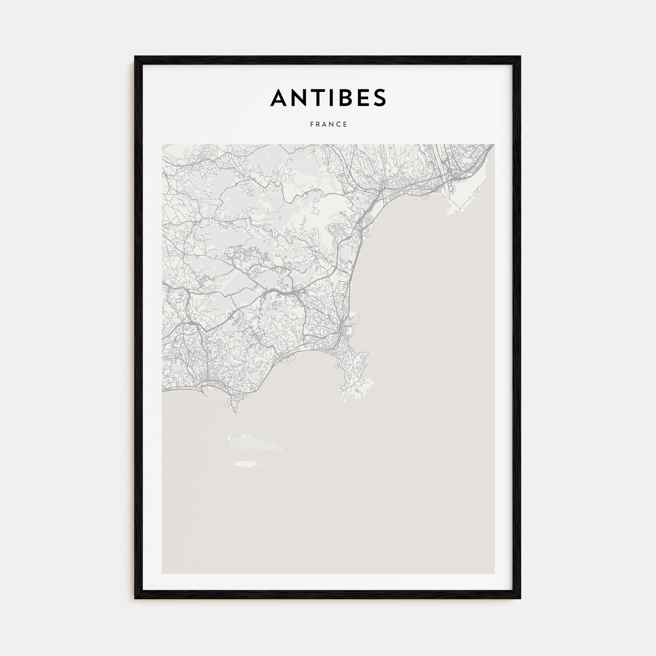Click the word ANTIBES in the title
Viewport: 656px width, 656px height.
click(x=328, y=97)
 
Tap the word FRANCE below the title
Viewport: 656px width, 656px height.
click(x=328, y=125)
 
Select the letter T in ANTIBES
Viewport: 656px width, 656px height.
click(x=317, y=97)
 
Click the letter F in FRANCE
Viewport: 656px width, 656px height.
click(x=311, y=125)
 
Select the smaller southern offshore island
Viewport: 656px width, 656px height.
click(x=246, y=464)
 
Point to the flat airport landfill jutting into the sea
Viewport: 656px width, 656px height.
click(x=462, y=201)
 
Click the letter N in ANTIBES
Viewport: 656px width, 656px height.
click(x=298, y=97)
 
